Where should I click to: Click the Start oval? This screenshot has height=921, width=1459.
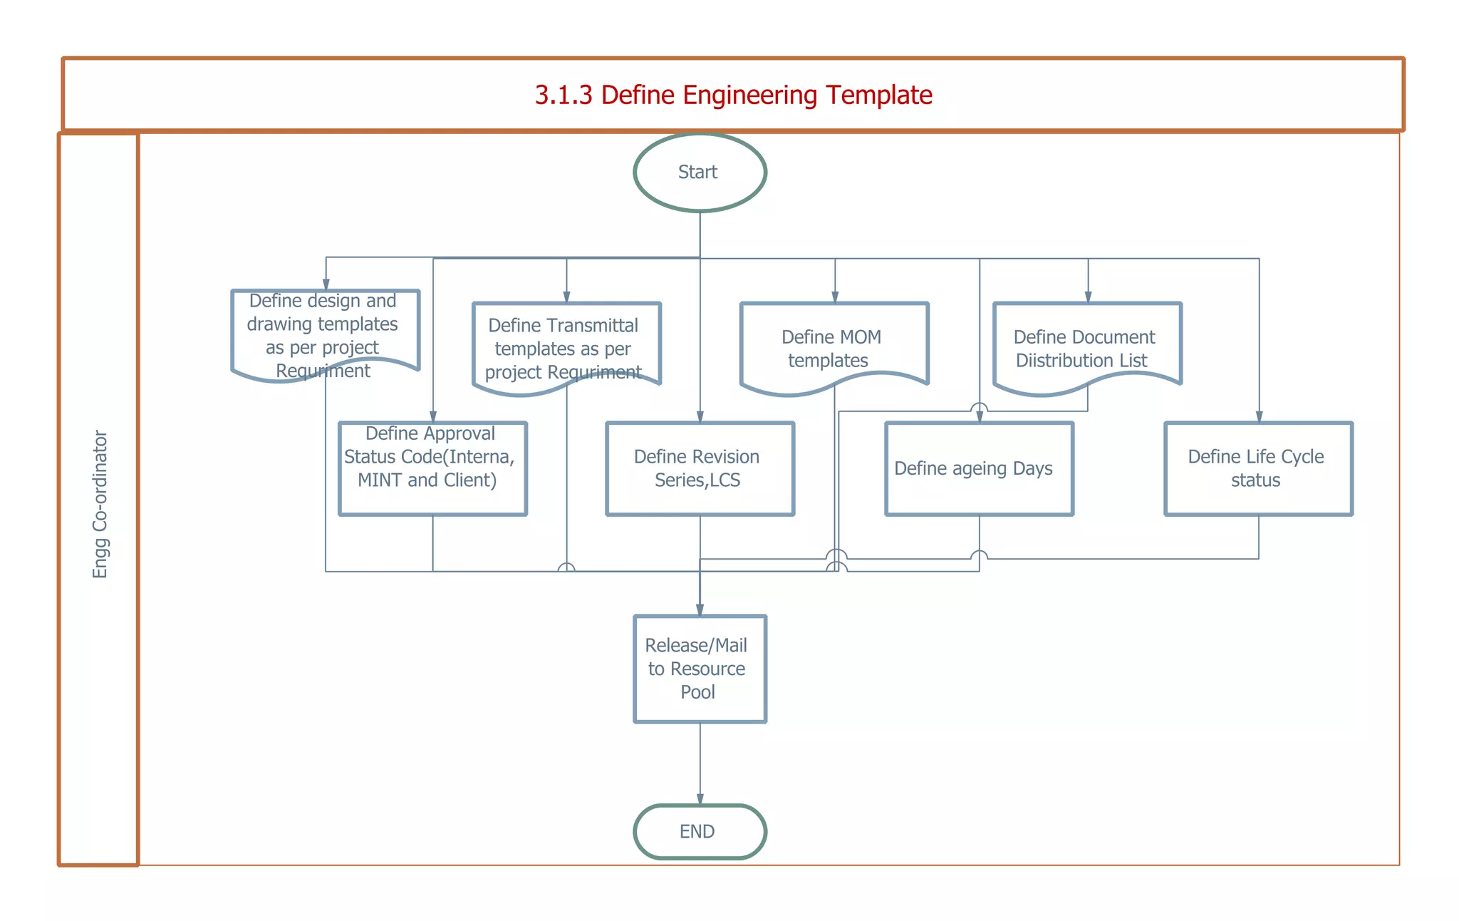pyautogui.click(x=699, y=173)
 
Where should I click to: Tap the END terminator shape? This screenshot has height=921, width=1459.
pyautogui.click(x=699, y=831)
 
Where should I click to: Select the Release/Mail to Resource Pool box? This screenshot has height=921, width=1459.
pyautogui.click(x=699, y=669)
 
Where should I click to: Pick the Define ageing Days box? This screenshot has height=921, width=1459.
pyautogui.click(x=978, y=468)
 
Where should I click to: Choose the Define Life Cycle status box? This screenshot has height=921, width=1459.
pyautogui.click(x=1257, y=468)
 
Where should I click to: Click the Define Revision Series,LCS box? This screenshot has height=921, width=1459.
pyautogui.click(x=699, y=468)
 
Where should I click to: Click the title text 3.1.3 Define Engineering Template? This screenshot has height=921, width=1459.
pyautogui.click(x=733, y=95)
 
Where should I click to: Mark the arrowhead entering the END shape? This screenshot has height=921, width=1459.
pyautogui.click(x=700, y=800)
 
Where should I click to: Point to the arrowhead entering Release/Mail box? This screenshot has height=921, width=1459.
pyautogui.click(x=700, y=610)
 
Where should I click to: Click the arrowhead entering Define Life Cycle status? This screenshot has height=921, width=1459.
pyautogui.click(x=1259, y=417)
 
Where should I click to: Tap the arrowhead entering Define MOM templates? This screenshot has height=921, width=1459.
pyautogui.click(x=834, y=297)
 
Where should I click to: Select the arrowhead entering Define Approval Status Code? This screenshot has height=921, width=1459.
pyautogui.click(x=432, y=417)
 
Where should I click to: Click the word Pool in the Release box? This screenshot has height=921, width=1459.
pyautogui.click(x=697, y=692)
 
